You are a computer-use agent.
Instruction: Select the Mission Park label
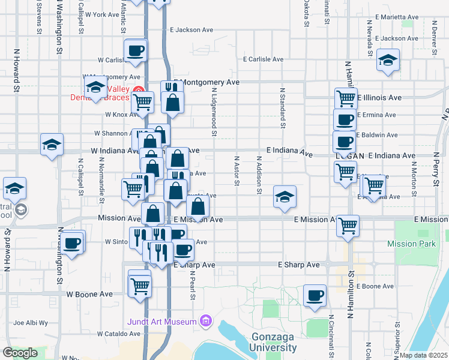coord(411,244)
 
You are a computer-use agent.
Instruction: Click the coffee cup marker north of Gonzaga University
coord(315,295)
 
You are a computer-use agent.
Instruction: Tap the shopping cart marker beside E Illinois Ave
coord(346,98)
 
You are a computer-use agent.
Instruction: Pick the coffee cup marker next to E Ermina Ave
coord(345,119)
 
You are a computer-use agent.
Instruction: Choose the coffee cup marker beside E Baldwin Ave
coord(344,142)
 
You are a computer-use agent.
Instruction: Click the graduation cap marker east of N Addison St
coord(285,196)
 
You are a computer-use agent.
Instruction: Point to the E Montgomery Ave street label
coord(206,82)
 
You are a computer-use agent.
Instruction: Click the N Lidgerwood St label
coord(214,109)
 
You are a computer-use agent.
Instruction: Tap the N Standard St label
coord(282,107)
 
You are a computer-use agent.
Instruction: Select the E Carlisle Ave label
coord(263,59)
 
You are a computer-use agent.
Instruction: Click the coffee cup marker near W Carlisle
coord(136,50)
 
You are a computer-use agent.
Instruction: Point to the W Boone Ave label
coord(89,295)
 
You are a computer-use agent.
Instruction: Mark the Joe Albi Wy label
coord(31,323)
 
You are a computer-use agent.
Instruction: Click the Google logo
coord(20,353)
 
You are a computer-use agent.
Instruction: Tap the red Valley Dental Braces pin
coord(139,90)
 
